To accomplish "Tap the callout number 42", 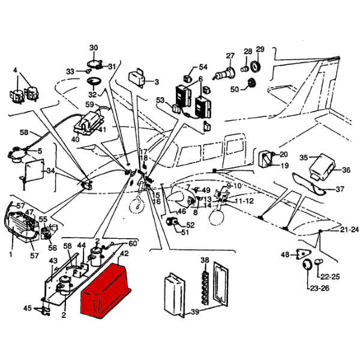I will point(124,254).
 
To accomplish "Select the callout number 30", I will point(94,48).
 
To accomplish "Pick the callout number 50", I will point(235,89).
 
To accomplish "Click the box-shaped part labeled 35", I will point(325,167).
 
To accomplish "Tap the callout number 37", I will point(340,190).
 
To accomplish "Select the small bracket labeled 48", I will point(302,254).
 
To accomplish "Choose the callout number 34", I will point(50,171).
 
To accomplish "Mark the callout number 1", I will point(10,254).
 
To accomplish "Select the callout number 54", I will point(203,67).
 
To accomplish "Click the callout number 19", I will point(284,166).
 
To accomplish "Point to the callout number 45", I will point(27,308).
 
